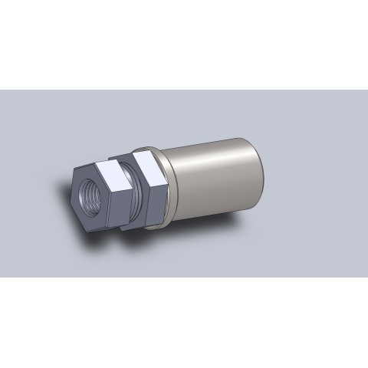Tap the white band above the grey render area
coord(184,46)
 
